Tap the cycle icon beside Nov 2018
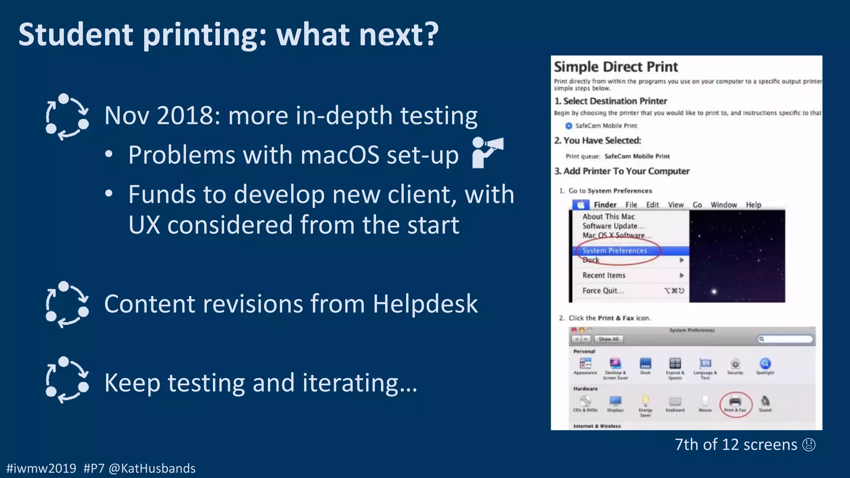(x=67, y=117)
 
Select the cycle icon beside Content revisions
(x=67, y=305)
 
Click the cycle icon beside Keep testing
(x=67, y=380)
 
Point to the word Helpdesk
(x=425, y=304)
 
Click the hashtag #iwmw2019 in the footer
(x=42, y=468)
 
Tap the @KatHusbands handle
(x=152, y=468)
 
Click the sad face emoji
(x=809, y=445)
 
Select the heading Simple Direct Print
(x=616, y=67)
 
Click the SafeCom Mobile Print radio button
(x=569, y=126)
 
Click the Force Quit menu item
(x=603, y=290)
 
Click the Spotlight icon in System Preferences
(x=765, y=364)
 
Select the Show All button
(x=608, y=339)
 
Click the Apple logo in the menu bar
(x=581, y=205)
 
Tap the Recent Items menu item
(x=604, y=275)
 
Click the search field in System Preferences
(x=785, y=339)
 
